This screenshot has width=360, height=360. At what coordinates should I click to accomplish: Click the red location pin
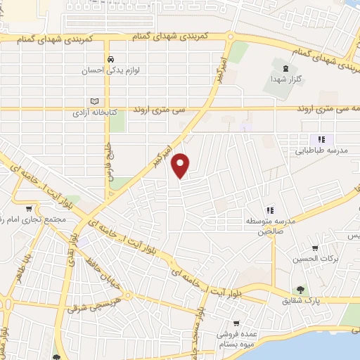tap(181, 165)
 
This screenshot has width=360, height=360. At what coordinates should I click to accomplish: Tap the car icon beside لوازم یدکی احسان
tap(110, 59)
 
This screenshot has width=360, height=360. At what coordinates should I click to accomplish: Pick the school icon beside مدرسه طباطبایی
tap(321, 139)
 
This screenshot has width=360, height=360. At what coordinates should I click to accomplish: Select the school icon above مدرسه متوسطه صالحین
tap(270, 210)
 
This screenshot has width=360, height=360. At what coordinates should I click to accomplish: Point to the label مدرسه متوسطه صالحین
tap(270, 226)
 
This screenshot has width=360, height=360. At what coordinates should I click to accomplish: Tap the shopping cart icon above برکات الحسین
tap(315, 247)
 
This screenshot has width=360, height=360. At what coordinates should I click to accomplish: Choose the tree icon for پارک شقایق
tap(300, 289)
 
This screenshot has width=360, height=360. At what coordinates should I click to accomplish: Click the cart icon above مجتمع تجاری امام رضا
tap(29, 208)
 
